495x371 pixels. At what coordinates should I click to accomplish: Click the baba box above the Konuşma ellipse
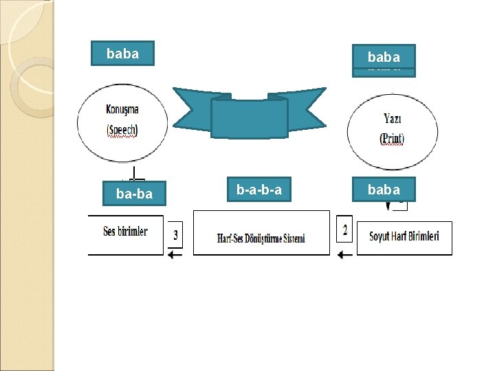tap(123, 53)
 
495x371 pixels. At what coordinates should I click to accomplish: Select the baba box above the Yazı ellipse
tap(384, 57)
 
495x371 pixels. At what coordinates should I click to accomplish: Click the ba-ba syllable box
tap(134, 194)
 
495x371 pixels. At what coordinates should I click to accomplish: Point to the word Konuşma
tap(123, 109)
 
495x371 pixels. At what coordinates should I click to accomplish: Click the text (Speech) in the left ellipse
tap(123, 130)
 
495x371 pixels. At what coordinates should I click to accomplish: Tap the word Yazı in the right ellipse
tap(393, 119)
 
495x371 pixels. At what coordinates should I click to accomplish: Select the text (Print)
tap(393, 138)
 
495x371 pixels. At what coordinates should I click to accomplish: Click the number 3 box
tap(175, 236)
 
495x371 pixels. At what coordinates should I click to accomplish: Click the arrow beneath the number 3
tap(175, 255)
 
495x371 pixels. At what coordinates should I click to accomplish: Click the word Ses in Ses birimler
tap(109, 232)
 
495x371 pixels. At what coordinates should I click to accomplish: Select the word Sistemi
tap(294, 239)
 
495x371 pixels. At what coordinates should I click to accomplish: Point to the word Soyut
tap(380, 236)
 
